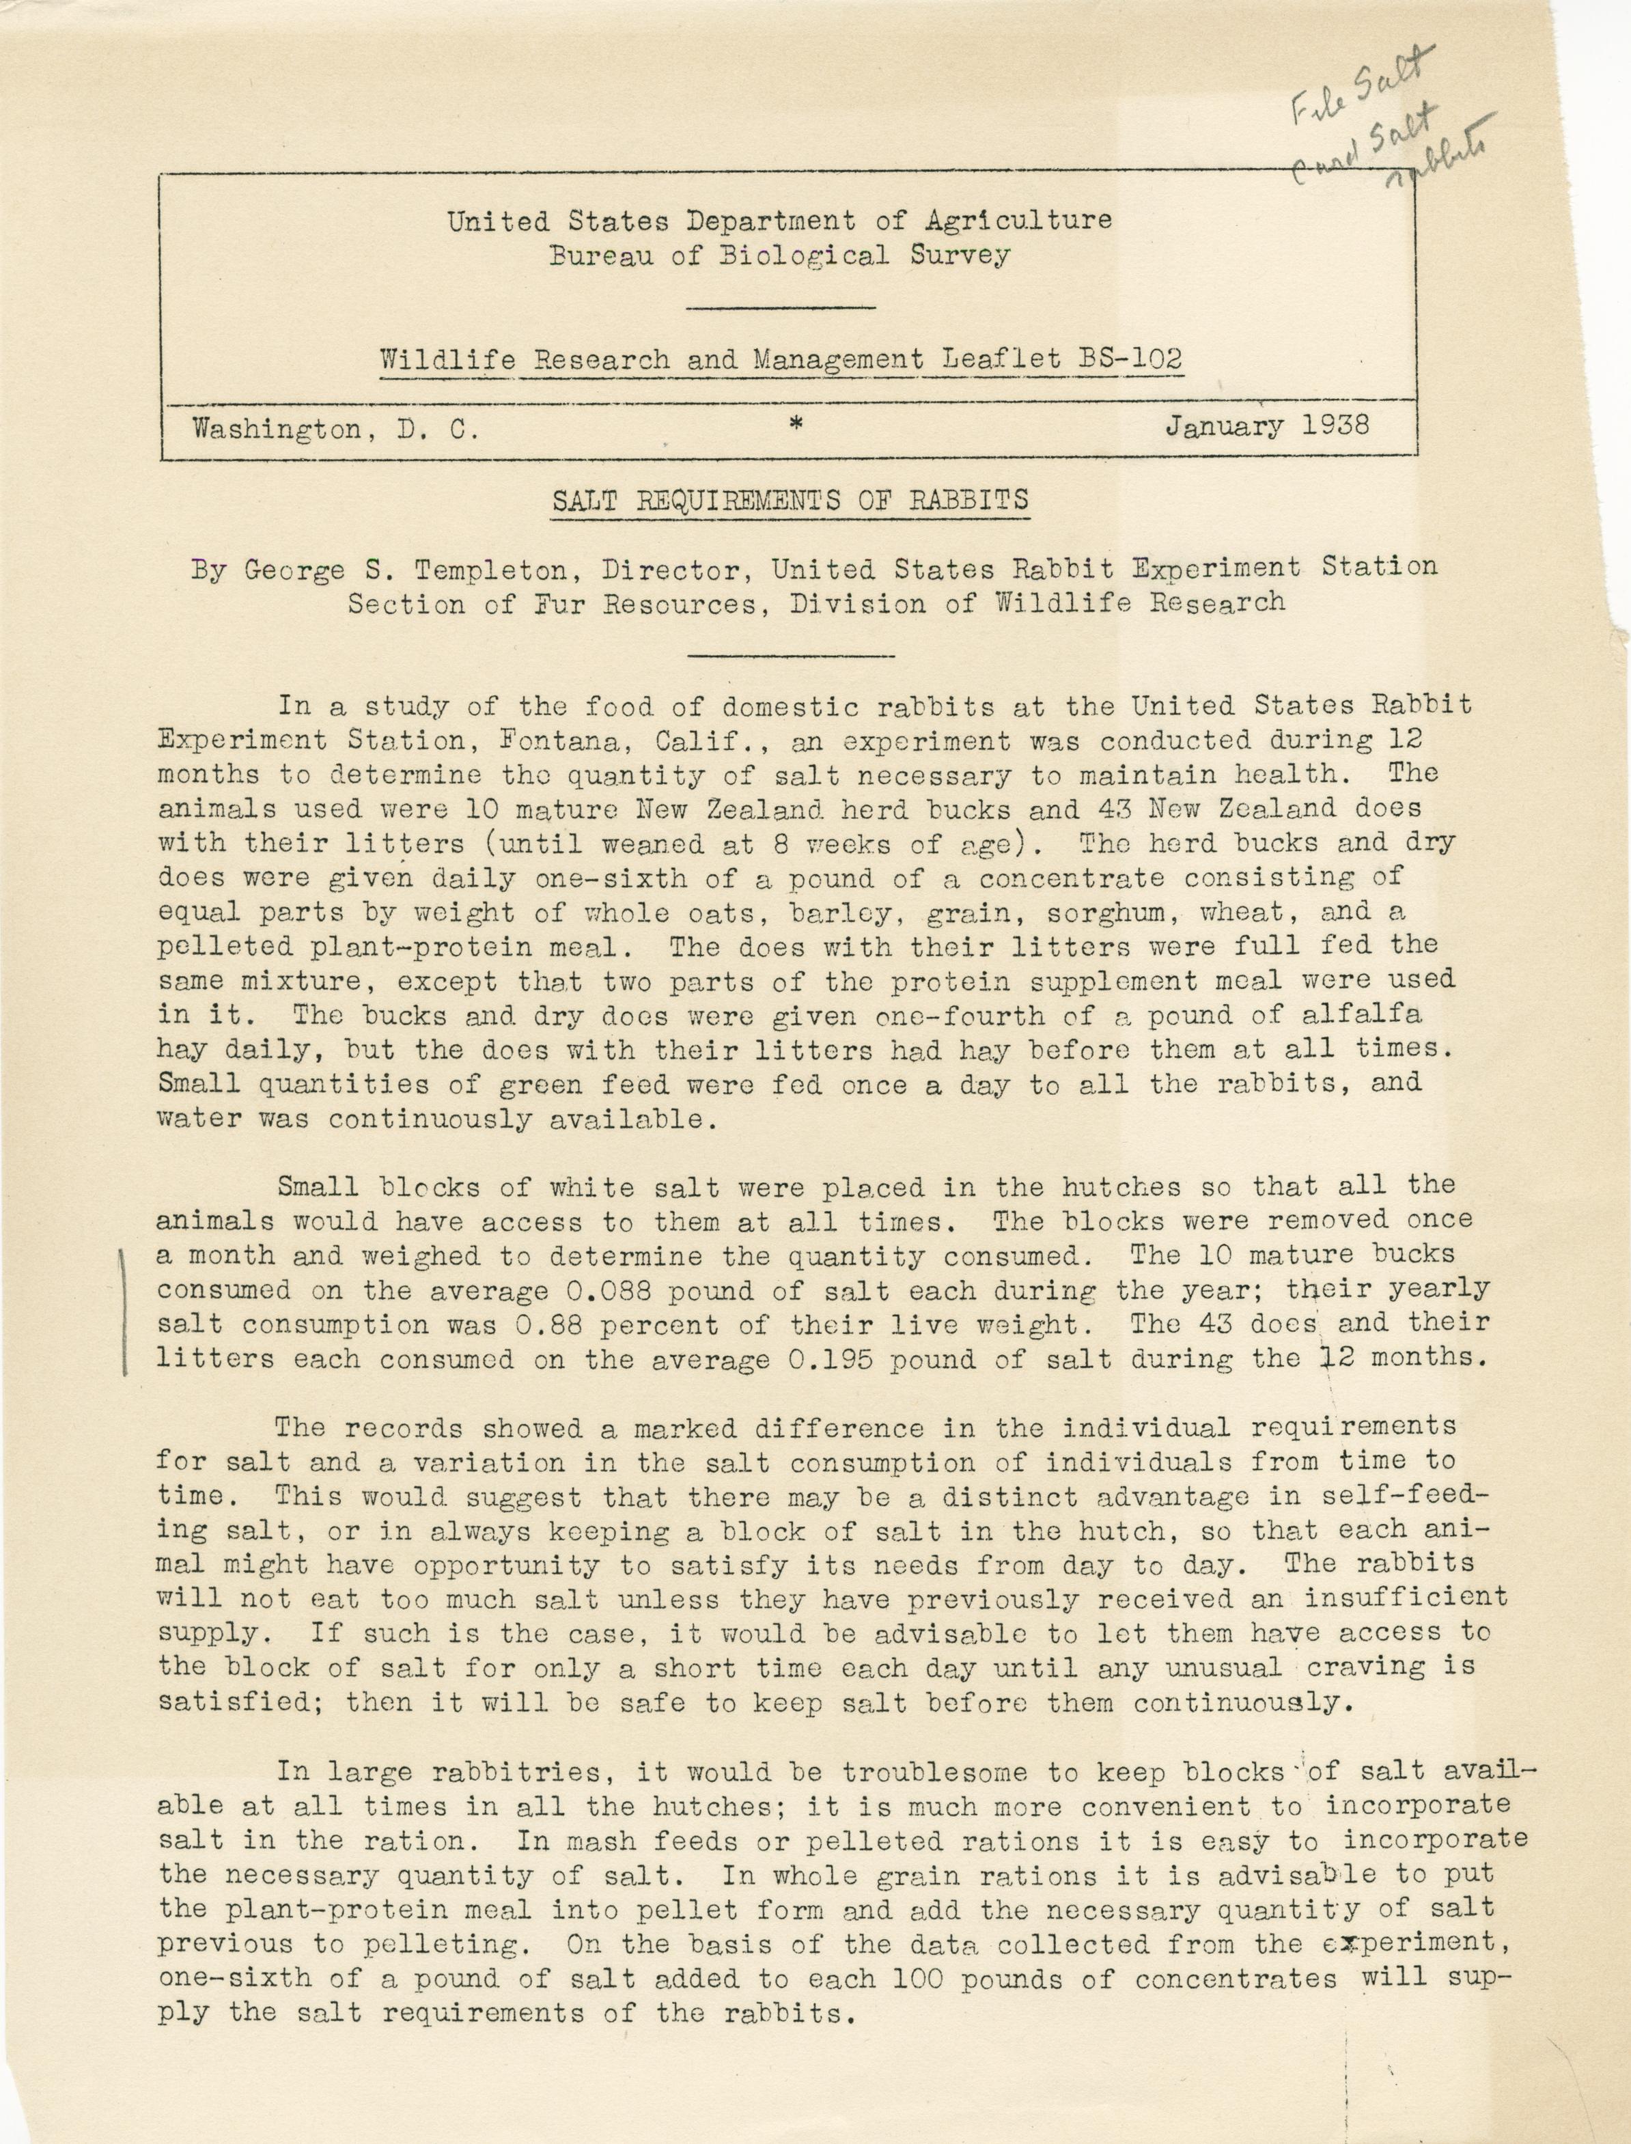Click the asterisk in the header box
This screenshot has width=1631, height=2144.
795,423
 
